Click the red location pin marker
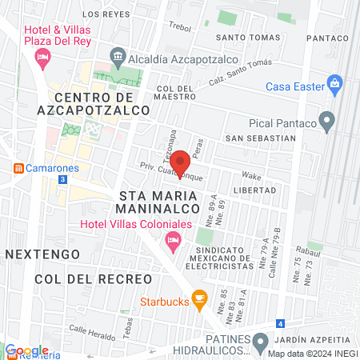(182, 163)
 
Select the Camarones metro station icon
(17, 168)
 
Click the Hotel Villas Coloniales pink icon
(172, 240)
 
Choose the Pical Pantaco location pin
(326, 122)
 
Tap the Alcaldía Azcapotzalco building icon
(118, 55)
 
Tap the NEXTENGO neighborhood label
(42, 254)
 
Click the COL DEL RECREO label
(93, 278)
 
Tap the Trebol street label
(182, 26)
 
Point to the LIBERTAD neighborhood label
(254, 190)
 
